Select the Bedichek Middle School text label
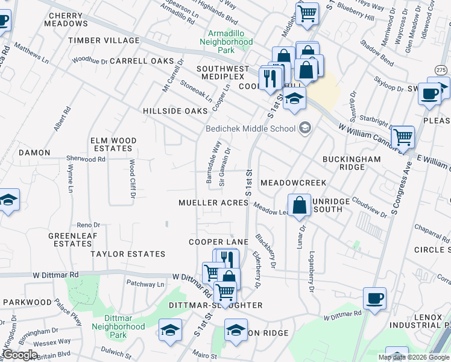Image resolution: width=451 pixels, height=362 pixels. click(x=250, y=128)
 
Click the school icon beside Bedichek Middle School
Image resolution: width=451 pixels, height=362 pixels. click(x=305, y=127)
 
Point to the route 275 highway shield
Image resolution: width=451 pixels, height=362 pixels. click(x=441, y=71)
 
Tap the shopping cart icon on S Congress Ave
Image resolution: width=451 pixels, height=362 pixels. click(x=402, y=138)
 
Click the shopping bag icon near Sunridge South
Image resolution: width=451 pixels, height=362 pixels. click(x=299, y=206)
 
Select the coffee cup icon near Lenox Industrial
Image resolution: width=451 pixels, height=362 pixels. click(x=374, y=298)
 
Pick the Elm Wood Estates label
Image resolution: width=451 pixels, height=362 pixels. click(x=113, y=144)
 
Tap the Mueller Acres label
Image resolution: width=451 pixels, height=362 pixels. click(x=213, y=203)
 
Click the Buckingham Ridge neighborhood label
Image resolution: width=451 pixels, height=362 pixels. click(x=352, y=163)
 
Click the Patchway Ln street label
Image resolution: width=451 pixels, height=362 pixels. click(x=145, y=284)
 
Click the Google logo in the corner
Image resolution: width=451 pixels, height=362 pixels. click(x=20, y=355)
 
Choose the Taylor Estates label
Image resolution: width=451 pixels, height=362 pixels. click(x=128, y=254)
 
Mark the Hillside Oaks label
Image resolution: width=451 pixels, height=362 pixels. click(x=175, y=112)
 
